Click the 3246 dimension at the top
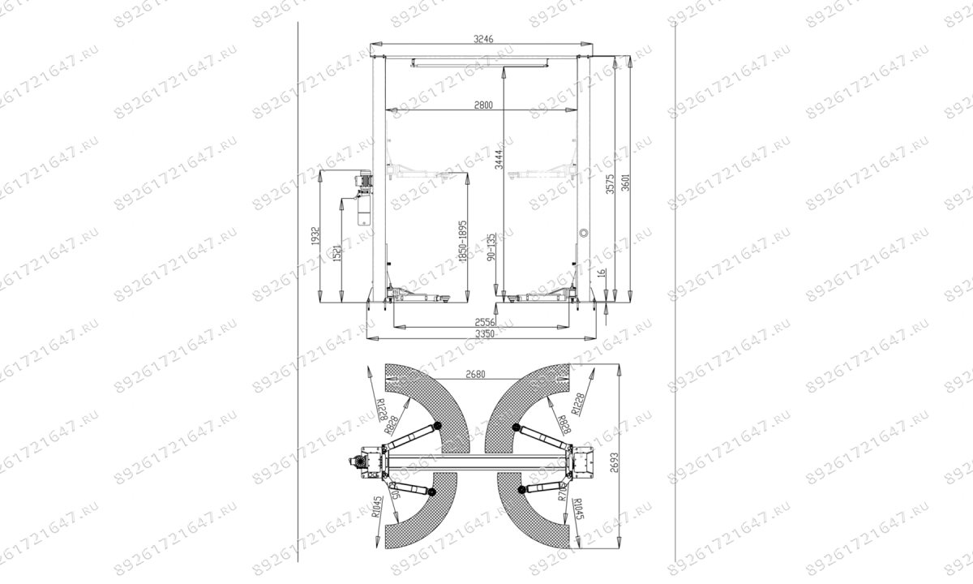pos(483,38)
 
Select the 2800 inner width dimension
pos(483,105)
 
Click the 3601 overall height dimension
pos(624,183)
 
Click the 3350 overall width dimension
pos(484,333)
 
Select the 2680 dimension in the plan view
pos(480,375)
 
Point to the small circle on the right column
pos(583,233)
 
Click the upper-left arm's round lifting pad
pos(435,426)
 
